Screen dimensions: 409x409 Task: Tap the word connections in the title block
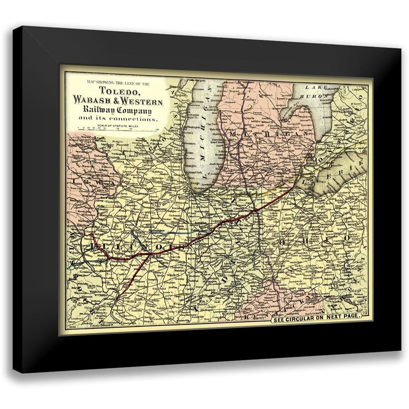click(x=135, y=119)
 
